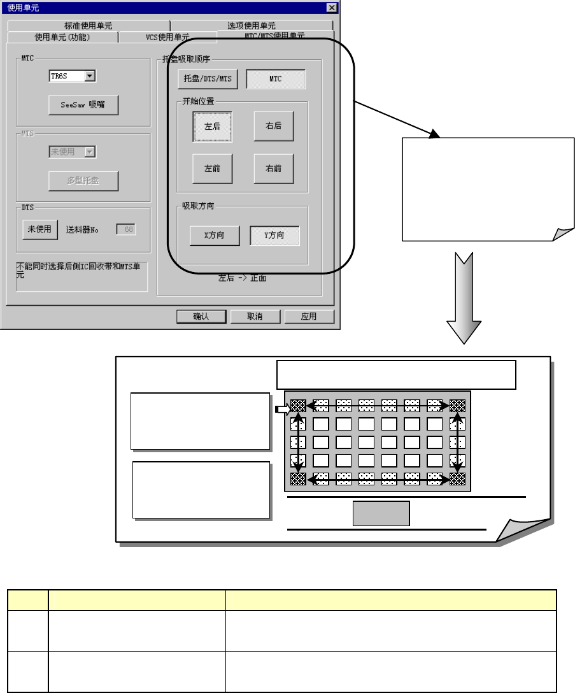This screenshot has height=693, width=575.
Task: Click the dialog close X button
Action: pyautogui.click(x=331, y=7)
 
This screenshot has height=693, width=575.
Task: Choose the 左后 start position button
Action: pyautogui.click(x=213, y=126)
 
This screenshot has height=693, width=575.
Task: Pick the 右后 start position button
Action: pyautogui.click(x=274, y=126)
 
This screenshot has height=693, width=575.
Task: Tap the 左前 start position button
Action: pyautogui.click(x=213, y=169)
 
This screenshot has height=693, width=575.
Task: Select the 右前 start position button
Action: pyautogui.click(x=274, y=169)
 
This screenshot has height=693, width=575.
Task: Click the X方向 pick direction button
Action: pyautogui.click(x=215, y=236)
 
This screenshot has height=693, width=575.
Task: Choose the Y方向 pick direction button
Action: pyautogui.click(x=274, y=236)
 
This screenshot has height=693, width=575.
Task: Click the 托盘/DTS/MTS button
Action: pyautogui.click(x=208, y=79)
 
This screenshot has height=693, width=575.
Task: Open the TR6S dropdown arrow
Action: pyautogui.click(x=90, y=76)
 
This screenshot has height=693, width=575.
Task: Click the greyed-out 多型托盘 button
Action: pyautogui.click(x=83, y=181)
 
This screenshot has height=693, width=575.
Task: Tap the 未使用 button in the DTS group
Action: pyautogui.click(x=40, y=229)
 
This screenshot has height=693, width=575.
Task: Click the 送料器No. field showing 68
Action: pyautogui.click(x=125, y=229)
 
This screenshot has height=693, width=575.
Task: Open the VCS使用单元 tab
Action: pyautogui.click(x=163, y=38)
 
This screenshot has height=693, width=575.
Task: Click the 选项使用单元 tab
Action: pyautogui.click(x=252, y=26)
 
